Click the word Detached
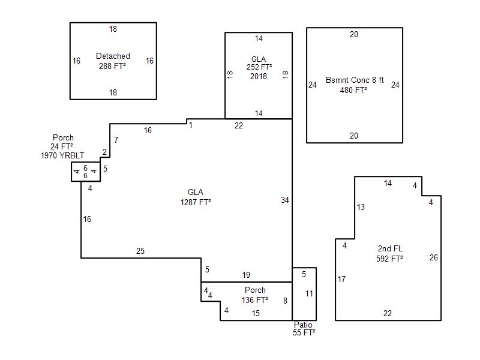coord(113,56)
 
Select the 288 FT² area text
coord(112,66)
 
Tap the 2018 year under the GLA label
coord(259,76)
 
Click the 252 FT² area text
coord(259,67)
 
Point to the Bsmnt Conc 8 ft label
coord(355,80)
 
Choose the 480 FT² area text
coord(353,90)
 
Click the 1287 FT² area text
coord(196,202)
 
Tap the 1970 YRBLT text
coord(62,155)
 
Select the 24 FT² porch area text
coord(62,146)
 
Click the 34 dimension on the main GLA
coord(285,200)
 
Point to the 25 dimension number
coord(140,251)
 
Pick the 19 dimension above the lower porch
coord(246,275)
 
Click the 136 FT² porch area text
coord(254,300)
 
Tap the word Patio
coord(303,325)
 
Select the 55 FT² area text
coord(304,333)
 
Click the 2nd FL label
coord(390,248)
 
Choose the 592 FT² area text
coord(389,259)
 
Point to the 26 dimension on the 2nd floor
coord(433,257)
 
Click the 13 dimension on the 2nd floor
coord(361,207)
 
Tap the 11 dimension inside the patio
coord(309,293)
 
